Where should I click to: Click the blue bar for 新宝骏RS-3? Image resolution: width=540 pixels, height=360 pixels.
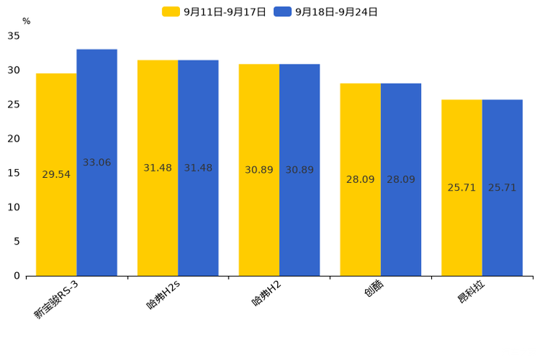[x=97, y=163]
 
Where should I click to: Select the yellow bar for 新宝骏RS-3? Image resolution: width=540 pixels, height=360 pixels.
[x=57, y=175]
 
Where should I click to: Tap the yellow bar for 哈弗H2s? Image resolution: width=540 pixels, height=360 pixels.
[x=157, y=168]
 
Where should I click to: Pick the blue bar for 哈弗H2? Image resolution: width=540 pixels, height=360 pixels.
[x=300, y=170]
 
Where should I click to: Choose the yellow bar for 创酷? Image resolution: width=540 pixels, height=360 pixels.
[x=360, y=179]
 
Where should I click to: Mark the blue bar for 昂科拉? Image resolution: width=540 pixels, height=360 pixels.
[x=502, y=188]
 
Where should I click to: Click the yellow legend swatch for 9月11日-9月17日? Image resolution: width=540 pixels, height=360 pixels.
[x=171, y=12]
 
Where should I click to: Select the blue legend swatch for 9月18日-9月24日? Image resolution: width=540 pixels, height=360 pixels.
[x=282, y=12]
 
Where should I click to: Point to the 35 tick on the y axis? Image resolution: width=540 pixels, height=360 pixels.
[x=14, y=36]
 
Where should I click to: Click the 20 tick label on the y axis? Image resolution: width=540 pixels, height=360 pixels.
[x=14, y=139]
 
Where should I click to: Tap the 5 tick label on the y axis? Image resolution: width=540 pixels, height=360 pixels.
[x=17, y=242]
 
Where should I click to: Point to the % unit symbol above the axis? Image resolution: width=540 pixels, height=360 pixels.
[x=27, y=21]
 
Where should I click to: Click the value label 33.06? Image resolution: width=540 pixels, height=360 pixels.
[x=97, y=163]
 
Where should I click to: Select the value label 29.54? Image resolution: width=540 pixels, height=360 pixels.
[x=56, y=174]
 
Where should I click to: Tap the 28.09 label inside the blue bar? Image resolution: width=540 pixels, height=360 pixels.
[x=401, y=179]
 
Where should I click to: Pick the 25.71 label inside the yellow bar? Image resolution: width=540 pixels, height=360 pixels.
[x=462, y=187]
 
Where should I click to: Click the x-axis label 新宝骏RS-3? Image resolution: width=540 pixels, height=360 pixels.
[x=56, y=299]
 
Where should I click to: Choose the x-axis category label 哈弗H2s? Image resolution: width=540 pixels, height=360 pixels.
[x=163, y=295]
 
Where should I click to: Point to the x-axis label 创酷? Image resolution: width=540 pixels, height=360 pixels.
[x=374, y=288]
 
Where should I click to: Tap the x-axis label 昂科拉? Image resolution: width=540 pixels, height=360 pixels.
[x=471, y=291]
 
